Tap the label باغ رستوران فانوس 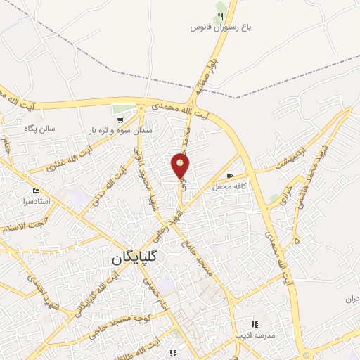(x=220, y=27)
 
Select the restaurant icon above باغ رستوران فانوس (x=220, y=15)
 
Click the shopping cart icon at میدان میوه (x=121, y=119)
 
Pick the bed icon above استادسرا (x=36, y=191)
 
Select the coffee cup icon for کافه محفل (x=229, y=174)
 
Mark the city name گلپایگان (x=136, y=258)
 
